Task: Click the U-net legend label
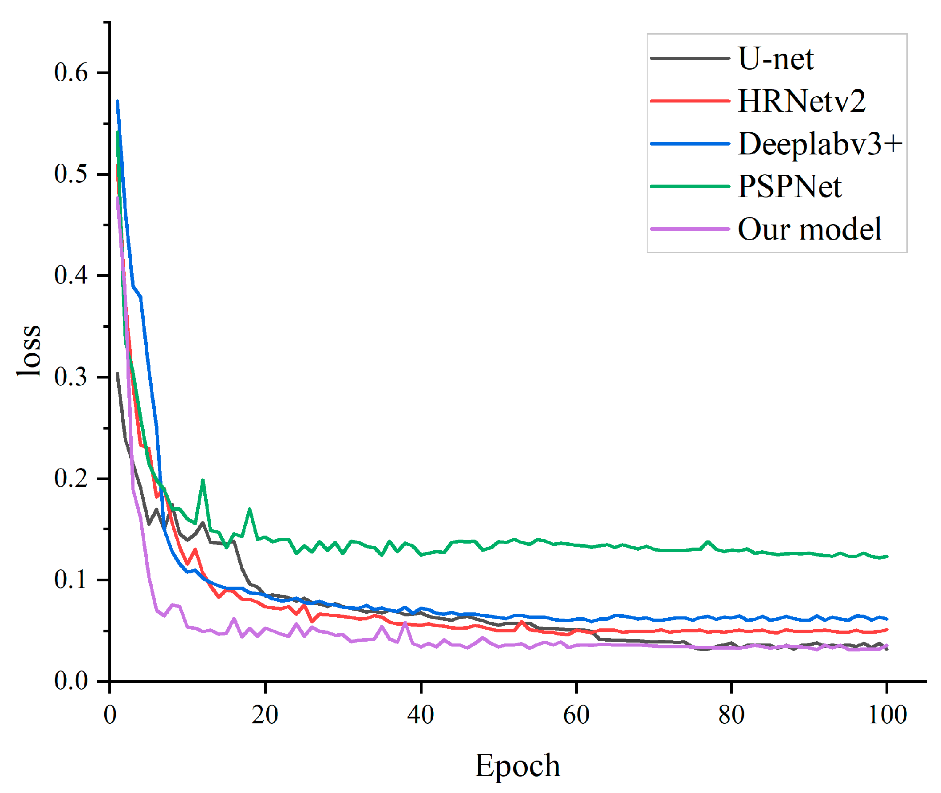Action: tap(775, 59)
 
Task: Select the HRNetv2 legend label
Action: tap(801, 101)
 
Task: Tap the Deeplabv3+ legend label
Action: tap(820, 144)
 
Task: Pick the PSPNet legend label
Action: tap(789, 186)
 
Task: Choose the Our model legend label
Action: tap(809, 229)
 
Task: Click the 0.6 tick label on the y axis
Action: tap(71, 73)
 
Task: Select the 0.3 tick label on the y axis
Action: tap(71, 377)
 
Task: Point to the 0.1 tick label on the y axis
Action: tap(71, 580)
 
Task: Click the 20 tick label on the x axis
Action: tap(265, 715)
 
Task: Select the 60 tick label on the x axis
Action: tap(576, 715)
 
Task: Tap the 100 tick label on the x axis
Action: tap(886, 715)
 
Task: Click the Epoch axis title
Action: tap(518, 765)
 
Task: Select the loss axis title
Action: tap(29, 350)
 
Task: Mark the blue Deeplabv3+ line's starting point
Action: tap(117, 101)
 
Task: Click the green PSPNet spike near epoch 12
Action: tap(203, 480)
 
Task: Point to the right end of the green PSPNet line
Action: tap(886, 556)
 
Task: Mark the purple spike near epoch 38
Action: tap(405, 623)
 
